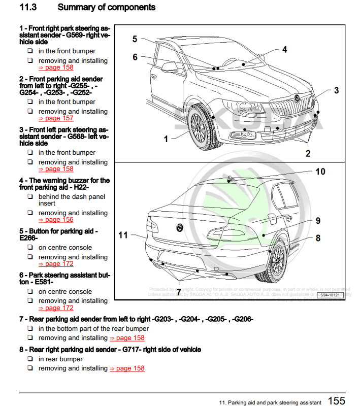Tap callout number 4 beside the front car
tap(284, 50)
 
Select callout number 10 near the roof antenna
tap(320, 172)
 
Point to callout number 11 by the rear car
tap(123, 235)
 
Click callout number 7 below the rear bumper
tap(178, 292)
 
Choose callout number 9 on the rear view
tap(318, 221)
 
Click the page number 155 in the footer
tap(336, 400)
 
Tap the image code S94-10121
tap(330, 295)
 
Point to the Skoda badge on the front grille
tap(297, 98)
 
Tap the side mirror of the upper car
tap(169, 66)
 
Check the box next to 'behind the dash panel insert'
tap(30, 197)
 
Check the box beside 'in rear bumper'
tap(30, 359)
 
